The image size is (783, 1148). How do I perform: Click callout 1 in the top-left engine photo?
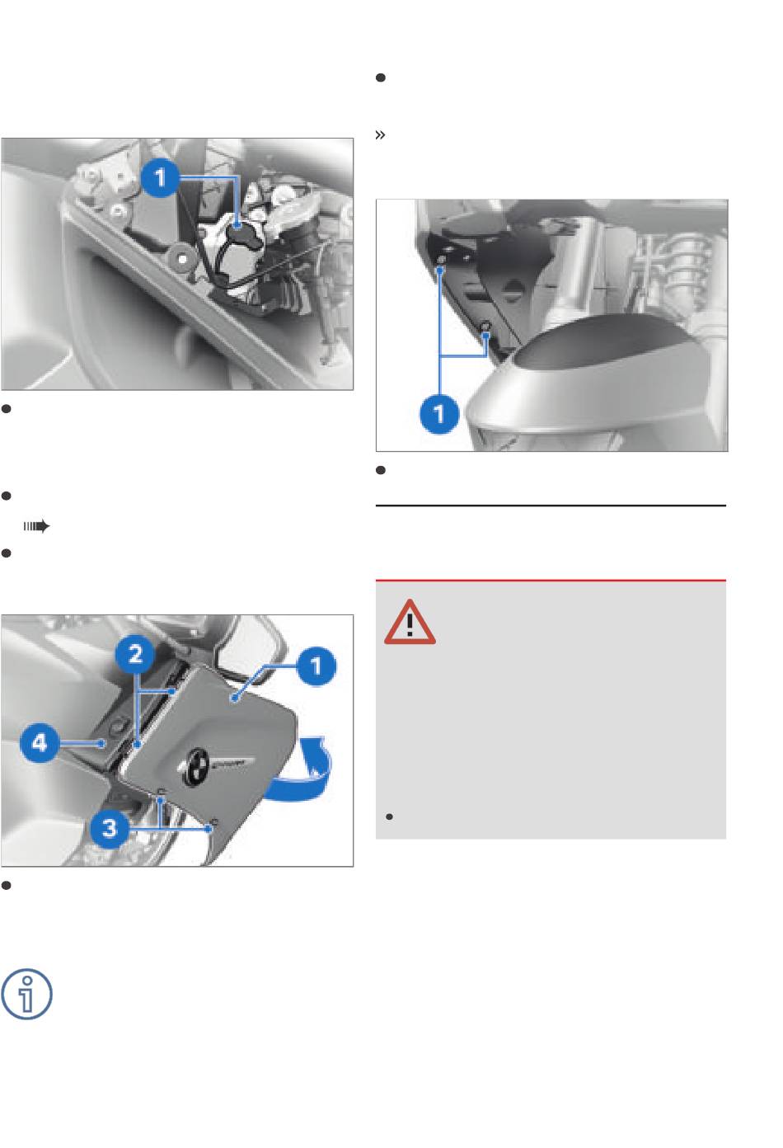click(x=160, y=178)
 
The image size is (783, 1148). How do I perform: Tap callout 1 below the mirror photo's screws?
click(x=438, y=413)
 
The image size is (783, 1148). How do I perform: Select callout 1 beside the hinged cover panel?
click(x=316, y=666)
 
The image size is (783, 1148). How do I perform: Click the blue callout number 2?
click(x=134, y=654)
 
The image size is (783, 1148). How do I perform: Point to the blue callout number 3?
click(x=110, y=828)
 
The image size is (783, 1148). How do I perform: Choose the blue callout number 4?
click(x=40, y=743)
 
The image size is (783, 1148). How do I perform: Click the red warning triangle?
click(x=410, y=622)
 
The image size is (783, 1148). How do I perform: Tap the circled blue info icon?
click(x=26, y=994)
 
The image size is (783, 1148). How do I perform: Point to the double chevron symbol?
click(x=380, y=135)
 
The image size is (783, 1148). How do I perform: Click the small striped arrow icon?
click(x=36, y=526)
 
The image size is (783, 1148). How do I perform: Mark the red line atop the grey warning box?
click(x=551, y=581)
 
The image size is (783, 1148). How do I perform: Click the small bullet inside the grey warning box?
click(x=389, y=816)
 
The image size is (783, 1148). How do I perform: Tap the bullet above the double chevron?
click(x=381, y=78)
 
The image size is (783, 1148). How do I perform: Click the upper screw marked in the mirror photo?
click(x=441, y=258)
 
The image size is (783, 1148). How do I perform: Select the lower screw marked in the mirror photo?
click(x=485, y=327)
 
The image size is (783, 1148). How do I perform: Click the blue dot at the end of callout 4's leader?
click(x=102, y=743)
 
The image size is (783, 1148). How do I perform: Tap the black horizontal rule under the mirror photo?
click(x=551, y=506)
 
